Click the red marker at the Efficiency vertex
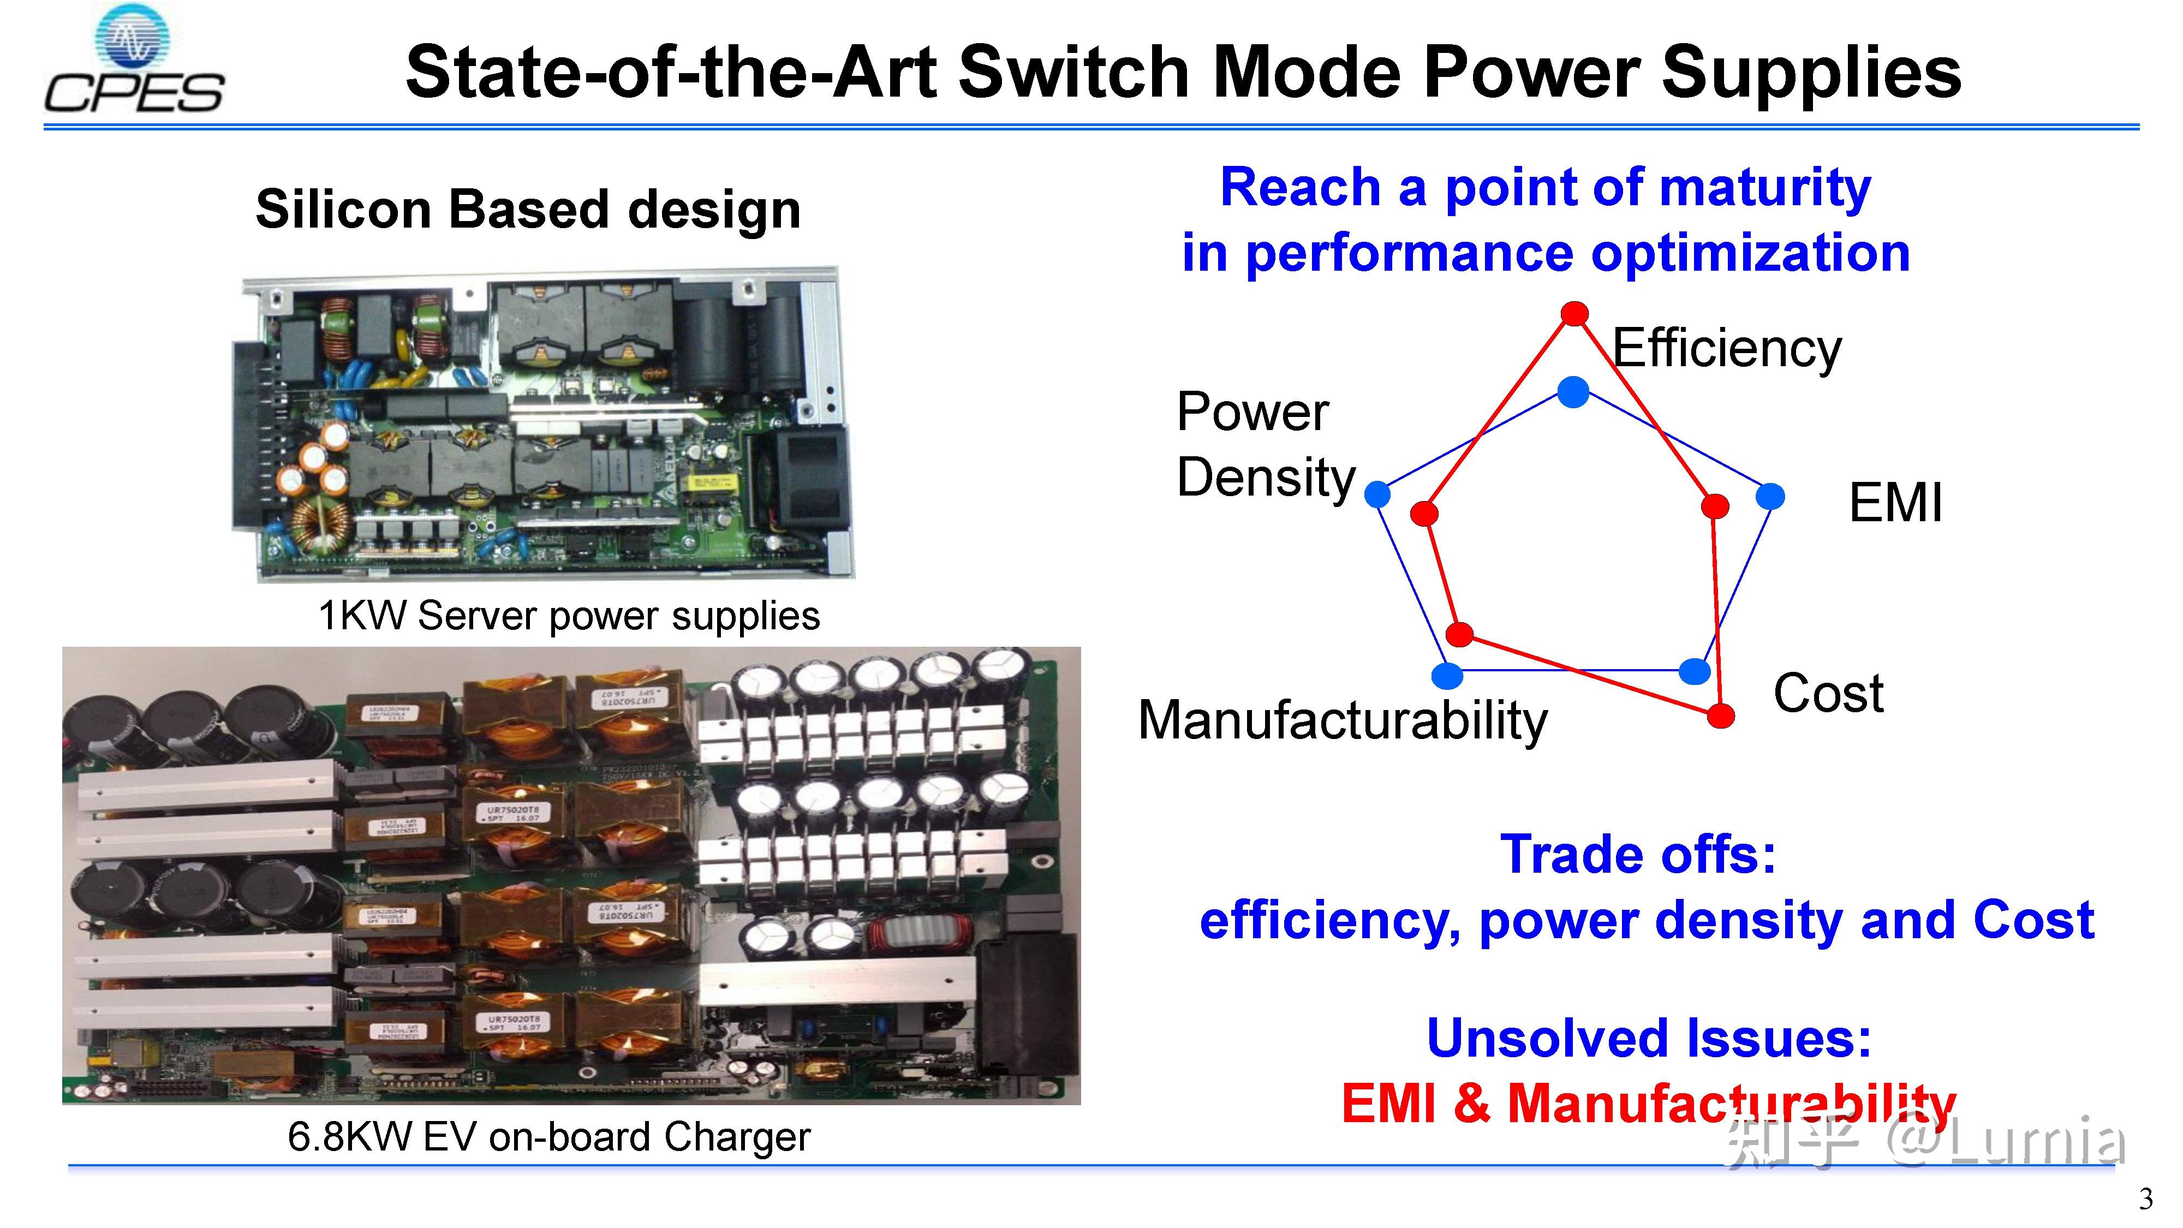(1574, 314)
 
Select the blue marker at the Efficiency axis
(1573, 391)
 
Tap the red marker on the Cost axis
(1720, 716)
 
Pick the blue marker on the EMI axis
(1770, 496)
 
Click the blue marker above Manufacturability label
(1447, 675)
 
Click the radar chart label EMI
(1895, 503)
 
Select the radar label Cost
(1828, 693)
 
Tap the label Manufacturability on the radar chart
(1343, 720)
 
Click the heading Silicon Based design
(528, 210)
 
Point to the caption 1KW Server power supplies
(569, 615)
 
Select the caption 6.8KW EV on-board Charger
(548, 1136)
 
